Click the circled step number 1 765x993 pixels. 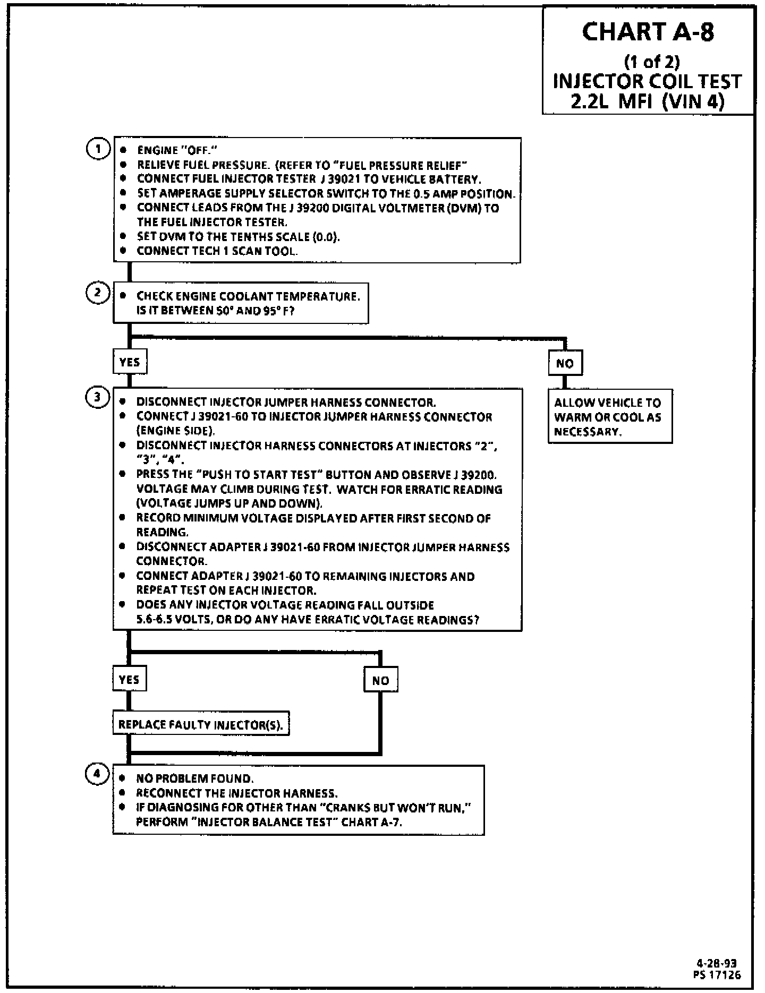(x=97, y=149)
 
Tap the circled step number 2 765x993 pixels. (x=97, y=293)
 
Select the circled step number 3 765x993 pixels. (x=97, y=397)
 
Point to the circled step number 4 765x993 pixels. (x=97, y=774)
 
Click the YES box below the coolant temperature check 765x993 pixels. (x=130, y=362)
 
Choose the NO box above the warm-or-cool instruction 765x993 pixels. (x=565, y=363)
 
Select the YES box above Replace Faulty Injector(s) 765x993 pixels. (x=129, y=680)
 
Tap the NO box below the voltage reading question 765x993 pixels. (x=380, y=680)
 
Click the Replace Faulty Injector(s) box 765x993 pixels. (x=201, y=724)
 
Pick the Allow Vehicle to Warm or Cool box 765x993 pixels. (x=610, y=417)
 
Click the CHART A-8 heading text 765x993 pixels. (x=648, y=32)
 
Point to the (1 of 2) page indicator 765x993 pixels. (x=652, y=62)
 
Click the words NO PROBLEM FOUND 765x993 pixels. (x=195, y=779)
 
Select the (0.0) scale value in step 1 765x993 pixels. (x=326, y=237)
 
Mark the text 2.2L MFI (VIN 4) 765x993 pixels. (x=648, y=101)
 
